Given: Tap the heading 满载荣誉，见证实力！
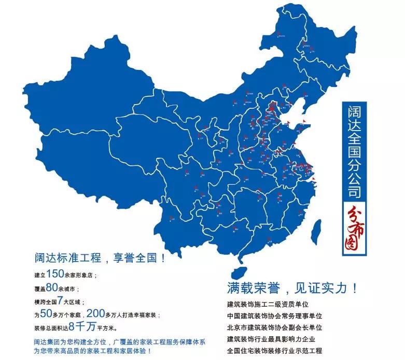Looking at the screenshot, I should pyautogui.click(x=292, y=287).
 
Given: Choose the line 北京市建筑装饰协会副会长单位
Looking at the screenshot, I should pyautogui.click(x=274, y=328).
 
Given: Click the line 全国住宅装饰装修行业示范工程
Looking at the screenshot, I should pyautogui.click(x=274, y=351).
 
